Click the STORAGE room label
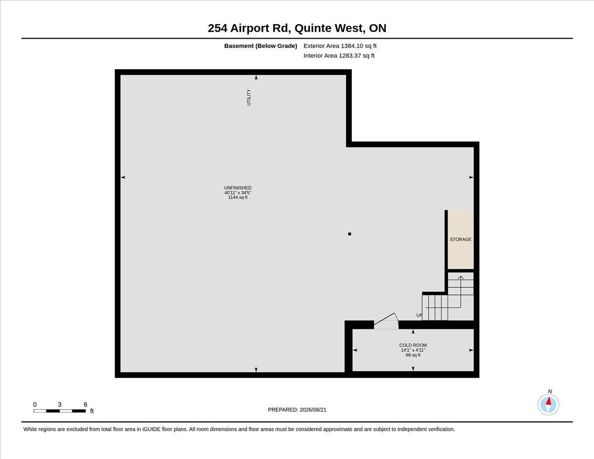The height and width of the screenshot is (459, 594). click(461, 239)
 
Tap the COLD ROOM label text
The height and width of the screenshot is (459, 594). click(413, 345)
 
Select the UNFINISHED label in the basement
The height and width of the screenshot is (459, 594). click(238, 188)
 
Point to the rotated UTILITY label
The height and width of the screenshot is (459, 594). click(249, 97)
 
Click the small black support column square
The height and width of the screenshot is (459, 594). click(349, 234)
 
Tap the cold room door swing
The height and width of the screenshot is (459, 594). click(386, 320)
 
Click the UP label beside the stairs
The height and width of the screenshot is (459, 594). click(419, 315)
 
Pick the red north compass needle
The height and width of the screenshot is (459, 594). click(548, 401)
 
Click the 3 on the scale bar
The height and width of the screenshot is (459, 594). click(59, 405)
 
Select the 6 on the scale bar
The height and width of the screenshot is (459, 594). click(86, 405)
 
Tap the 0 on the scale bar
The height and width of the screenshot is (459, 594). click(35, 405)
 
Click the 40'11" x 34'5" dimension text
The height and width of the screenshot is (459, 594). click(238, 193)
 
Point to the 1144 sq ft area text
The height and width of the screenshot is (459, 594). click(238, 197)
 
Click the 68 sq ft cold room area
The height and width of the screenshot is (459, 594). click(413, 355)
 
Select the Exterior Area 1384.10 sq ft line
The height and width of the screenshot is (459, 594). click(340, 46)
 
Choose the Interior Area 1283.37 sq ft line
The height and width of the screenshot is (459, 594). click(339, 56)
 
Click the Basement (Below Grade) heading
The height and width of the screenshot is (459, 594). click(260, 46)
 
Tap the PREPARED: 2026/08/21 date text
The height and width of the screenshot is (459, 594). click(297, 410)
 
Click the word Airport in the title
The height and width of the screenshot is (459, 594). click(250, 28)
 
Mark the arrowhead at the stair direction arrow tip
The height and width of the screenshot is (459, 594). click(461, 277)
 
